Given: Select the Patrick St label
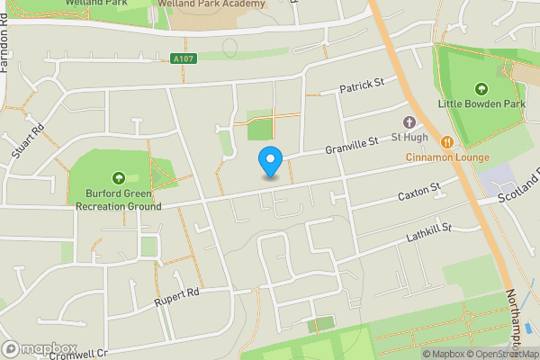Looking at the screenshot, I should pos(362,85).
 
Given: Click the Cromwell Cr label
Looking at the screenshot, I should pos(78,354).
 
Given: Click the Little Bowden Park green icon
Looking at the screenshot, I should pos(481,88).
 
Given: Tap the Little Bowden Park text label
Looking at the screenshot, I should pos(481,103).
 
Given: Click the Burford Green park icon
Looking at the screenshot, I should pos(118,177).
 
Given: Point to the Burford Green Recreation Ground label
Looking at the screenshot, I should pos(123,200).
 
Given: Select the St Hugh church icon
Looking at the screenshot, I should pos(409,122).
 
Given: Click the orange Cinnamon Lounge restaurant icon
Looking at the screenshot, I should pos(446,141).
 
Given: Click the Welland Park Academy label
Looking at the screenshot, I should pos(211,4).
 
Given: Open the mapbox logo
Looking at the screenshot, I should pos(39,348).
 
